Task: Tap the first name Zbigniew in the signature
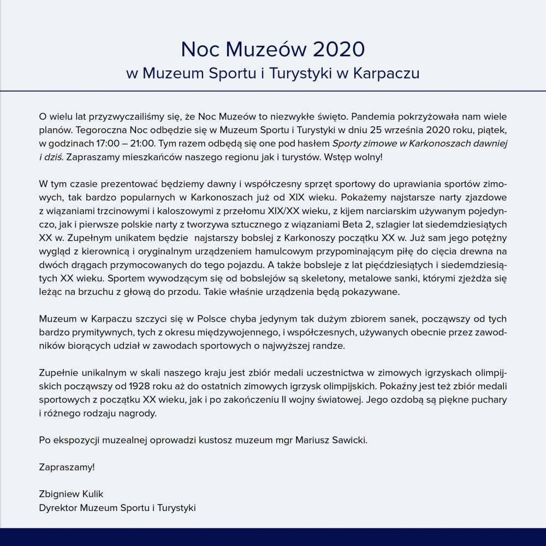(58, 494)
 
